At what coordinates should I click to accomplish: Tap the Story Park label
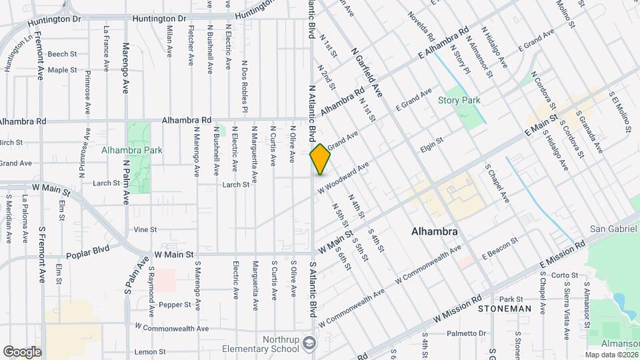click(459, 101)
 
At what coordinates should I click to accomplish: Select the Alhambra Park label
click(132, 151)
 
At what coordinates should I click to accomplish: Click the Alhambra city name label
click(434, 232)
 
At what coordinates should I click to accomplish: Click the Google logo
click(22, 351)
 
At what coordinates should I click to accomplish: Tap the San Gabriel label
click(614, 229)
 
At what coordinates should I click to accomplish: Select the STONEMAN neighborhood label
click(505, 309)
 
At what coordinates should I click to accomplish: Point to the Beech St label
click(63, 54)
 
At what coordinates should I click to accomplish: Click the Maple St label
click(63, 69)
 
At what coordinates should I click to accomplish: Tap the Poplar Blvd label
click(88, 255)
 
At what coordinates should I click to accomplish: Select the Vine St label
click(145, 229)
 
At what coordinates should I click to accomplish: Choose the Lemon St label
click(149, 351)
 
